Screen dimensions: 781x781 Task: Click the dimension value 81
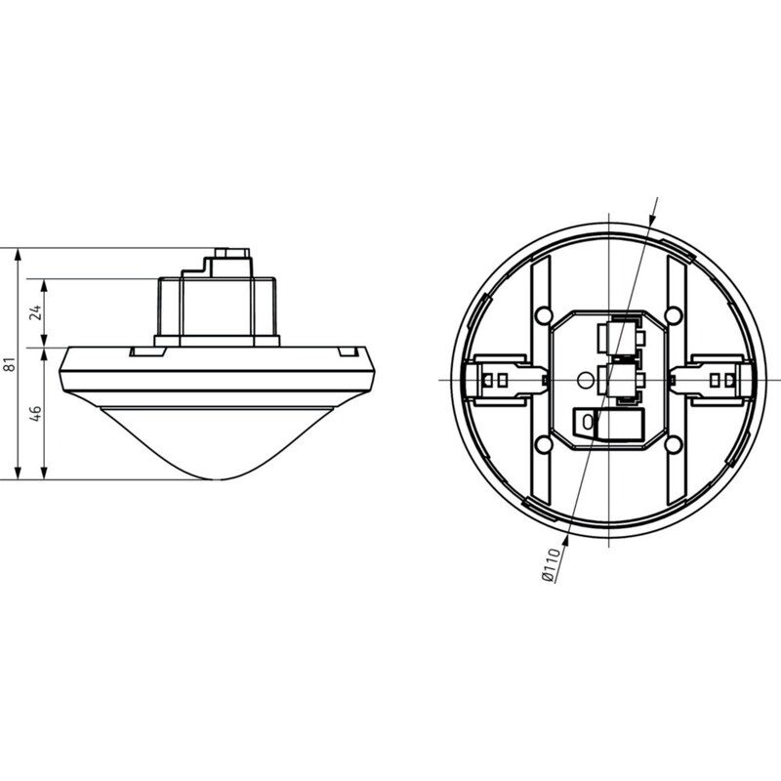tap(11, 364)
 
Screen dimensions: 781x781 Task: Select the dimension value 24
tap(36, 313)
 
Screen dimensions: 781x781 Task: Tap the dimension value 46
tap(36, 413)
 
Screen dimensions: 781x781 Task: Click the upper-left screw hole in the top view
tap(543, 314)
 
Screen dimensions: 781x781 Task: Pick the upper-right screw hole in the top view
tap(674, 314)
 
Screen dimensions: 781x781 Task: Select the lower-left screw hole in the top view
tap(543, 442)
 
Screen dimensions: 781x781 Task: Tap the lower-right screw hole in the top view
tap(674, 442)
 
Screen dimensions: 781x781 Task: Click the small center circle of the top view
tap(584, 381)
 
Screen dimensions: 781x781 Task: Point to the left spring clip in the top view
tap(503, 380)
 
